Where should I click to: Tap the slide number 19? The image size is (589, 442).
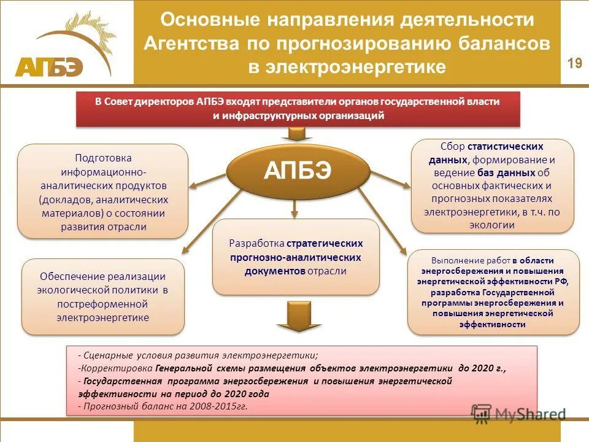574,63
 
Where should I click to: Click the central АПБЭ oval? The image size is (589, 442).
298,171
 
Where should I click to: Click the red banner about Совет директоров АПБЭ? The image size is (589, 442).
298,109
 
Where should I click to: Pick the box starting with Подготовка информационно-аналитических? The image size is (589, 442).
103,192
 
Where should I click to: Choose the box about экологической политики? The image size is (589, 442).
103,297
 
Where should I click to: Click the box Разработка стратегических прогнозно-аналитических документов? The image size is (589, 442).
296,257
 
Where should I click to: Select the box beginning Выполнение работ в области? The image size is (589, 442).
493,292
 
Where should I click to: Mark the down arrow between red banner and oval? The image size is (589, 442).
298,134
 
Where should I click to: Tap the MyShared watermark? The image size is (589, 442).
518,414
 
